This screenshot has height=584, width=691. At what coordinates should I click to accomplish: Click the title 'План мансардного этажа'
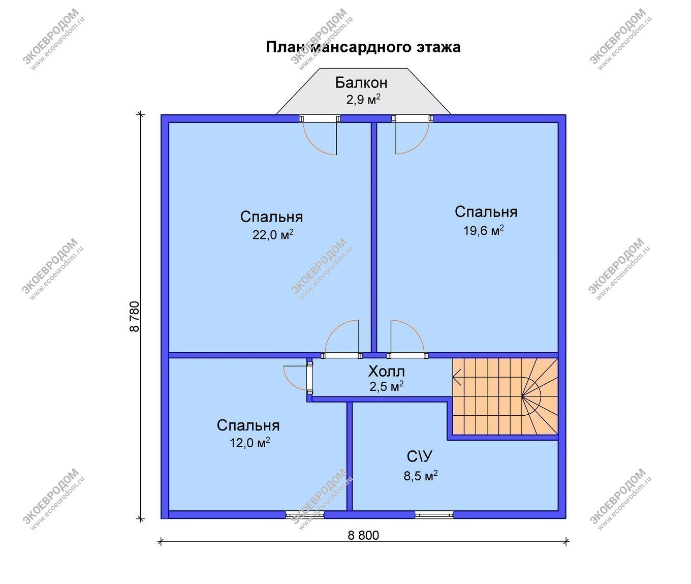(x=363, y=47)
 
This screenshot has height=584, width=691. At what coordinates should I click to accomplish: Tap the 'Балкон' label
(x=361, y=83)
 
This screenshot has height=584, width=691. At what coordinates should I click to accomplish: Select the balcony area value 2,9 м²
(x=363, y=99)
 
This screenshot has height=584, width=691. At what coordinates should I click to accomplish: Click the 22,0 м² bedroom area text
(x=273, y=234)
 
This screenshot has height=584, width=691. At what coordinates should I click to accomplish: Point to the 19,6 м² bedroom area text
(x=483, y=230)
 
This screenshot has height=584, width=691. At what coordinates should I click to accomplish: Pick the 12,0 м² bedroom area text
(x=250, y=442)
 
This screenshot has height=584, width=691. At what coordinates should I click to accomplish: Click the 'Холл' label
(x=386, y=372)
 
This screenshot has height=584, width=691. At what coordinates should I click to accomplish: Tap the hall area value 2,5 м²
(x=386, y=386)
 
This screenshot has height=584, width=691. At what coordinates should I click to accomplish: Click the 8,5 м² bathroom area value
(x=420, y=476)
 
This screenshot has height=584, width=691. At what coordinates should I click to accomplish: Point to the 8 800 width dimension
(x=363, y=535)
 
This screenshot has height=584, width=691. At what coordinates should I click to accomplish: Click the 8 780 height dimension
(x=135, y=316)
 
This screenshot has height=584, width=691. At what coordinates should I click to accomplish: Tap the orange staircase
(x=505, y=396)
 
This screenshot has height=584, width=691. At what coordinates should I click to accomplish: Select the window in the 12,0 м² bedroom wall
(x=305, y=514)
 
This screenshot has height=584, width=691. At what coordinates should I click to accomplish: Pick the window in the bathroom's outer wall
(x=434, y=514)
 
